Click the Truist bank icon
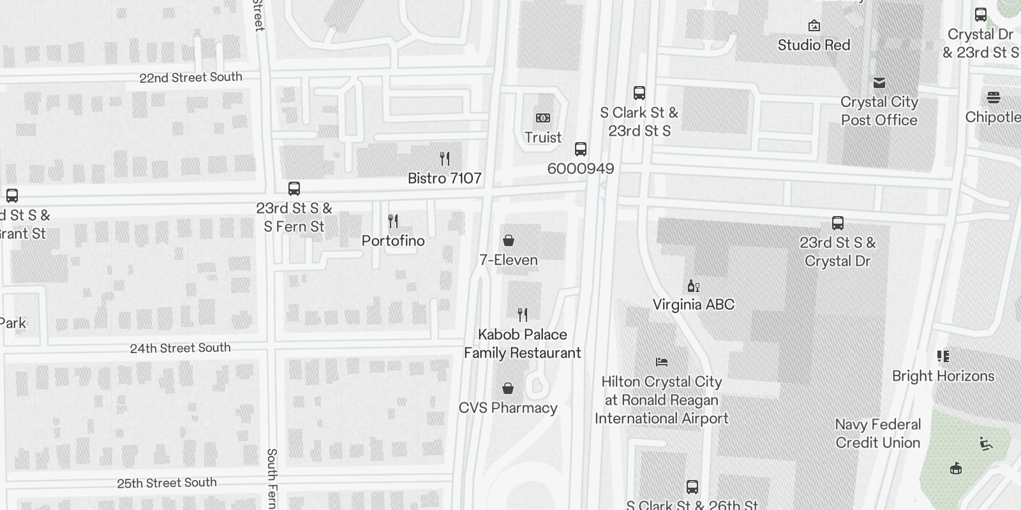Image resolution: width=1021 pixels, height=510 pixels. coord(543,118)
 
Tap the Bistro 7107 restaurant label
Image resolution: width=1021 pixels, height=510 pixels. coord(445,178)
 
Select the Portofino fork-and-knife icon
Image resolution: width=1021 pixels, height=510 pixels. coord(393,221)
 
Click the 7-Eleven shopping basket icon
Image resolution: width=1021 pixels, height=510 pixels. coord(509,240)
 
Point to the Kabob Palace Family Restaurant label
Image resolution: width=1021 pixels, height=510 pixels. coord(522,344)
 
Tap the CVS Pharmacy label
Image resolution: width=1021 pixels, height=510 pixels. coord(508,408)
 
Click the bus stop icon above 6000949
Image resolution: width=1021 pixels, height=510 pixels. coord(581,149)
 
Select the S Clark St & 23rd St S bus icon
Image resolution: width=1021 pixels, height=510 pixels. coord(639,93)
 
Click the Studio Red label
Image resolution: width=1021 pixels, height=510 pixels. coord(814,45)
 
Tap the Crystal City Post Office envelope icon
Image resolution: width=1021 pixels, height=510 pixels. coord(879,82)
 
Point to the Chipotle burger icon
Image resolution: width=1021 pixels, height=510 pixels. coord(994,98)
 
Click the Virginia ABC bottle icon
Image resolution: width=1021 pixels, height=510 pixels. coord(694,286)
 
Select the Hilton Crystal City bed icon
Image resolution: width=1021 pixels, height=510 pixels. coord(662,362)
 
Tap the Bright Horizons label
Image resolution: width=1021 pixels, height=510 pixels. coord(943,376)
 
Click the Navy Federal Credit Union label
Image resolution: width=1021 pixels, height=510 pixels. coord(878,433)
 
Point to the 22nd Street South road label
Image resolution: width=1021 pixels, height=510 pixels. coord(191,78)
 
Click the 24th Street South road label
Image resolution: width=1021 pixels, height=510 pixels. coord(180,348)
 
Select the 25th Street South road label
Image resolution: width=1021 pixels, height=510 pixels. coord(167,483)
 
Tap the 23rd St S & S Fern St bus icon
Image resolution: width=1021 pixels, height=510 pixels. coord(294,189)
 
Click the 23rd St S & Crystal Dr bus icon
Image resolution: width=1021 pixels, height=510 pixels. coord(838,223)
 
